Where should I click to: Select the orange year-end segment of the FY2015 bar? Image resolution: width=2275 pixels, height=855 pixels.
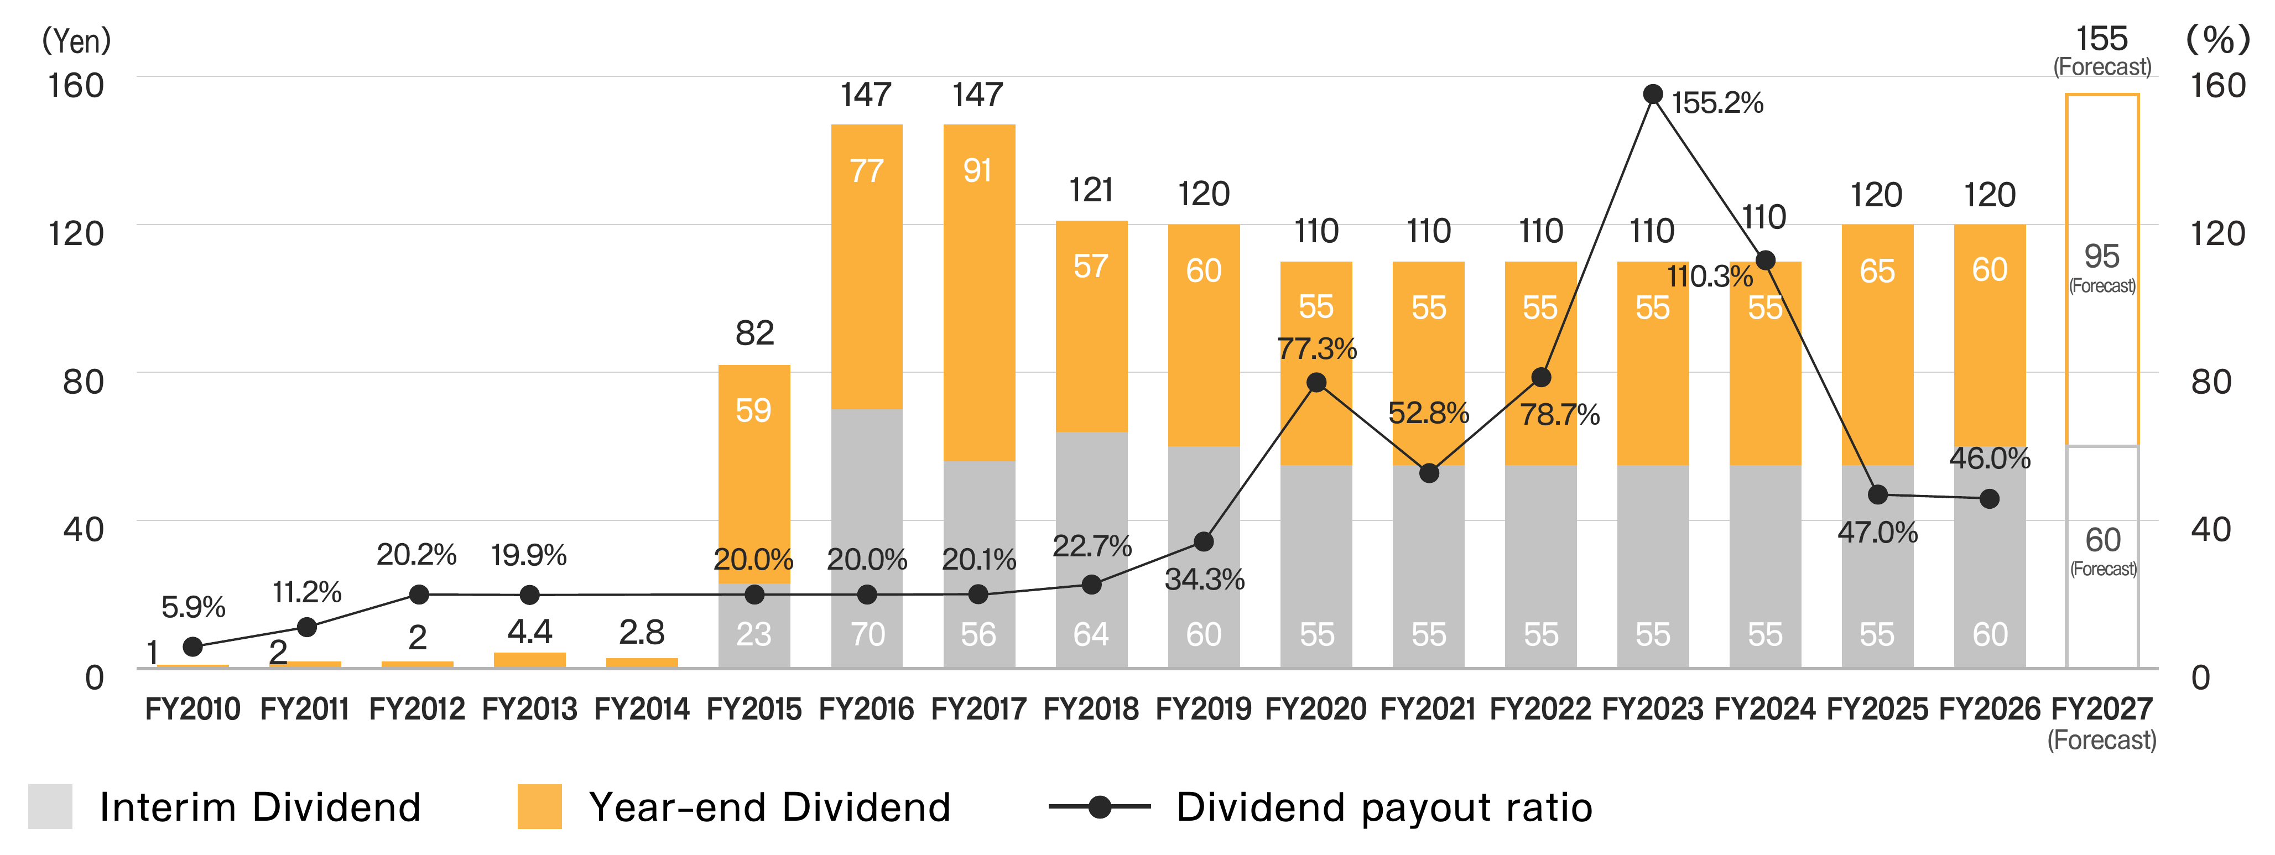tap(754, 475)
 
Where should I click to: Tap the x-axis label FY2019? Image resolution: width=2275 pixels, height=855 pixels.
tap(1204, 708)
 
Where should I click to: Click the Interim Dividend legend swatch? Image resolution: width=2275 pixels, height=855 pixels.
tap(50, 806)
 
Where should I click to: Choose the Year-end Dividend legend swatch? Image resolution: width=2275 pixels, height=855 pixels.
tap(540, 806)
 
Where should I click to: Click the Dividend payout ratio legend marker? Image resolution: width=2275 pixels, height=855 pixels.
tap(1100, 806)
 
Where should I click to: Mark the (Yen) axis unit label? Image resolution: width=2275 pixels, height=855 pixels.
tap(77, 40)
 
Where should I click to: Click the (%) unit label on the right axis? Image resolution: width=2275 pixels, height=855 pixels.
tap(2217, 40)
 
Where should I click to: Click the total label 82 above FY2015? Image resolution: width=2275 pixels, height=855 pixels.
tap(755, 333)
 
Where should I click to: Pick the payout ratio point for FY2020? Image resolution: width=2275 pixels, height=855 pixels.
tap(1316, 383)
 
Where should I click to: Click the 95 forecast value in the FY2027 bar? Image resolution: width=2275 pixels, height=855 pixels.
tap(2102, 256)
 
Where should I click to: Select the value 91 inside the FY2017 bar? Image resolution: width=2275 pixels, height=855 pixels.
tap(978, 170)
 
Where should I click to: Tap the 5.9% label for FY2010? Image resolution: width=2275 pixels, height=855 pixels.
tap(194, 607)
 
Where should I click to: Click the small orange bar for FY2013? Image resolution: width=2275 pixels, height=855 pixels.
tap(530, 660)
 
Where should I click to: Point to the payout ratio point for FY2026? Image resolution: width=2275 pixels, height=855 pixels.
tap(1990, 499)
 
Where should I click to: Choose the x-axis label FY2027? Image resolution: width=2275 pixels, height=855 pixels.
tap(2102, 708)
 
